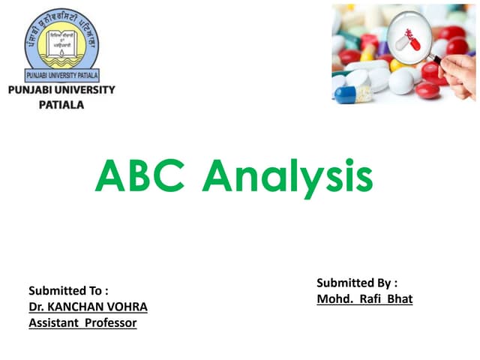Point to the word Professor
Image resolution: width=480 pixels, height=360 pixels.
click(x=110, y=322)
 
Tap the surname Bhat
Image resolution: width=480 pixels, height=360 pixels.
click(x=400, y=299)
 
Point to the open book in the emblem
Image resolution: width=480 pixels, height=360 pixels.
click(x=60, y=49)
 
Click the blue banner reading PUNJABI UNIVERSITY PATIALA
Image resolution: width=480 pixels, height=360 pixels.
click(x=60, y=76)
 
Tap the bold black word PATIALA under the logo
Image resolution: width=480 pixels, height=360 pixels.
click(x=61, y=105)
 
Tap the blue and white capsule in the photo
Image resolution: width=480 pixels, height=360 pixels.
click(x=352, y=93)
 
